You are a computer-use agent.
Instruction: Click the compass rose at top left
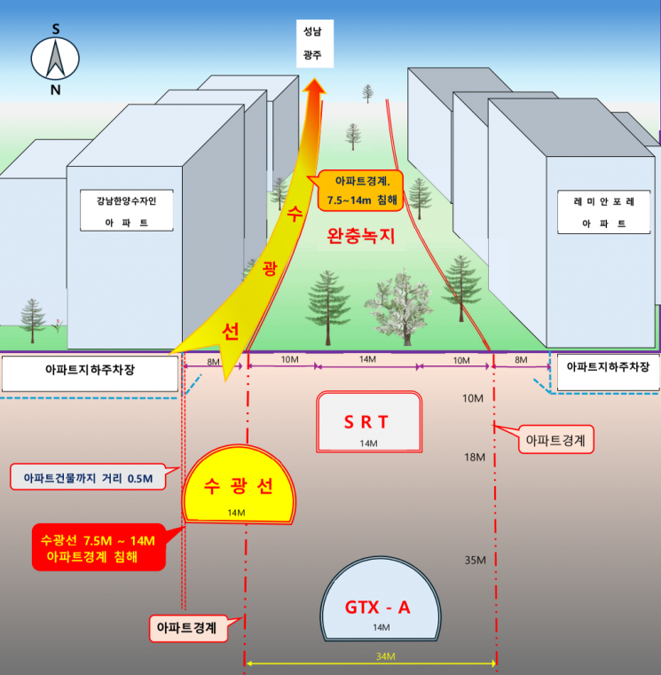(x=55, y=59)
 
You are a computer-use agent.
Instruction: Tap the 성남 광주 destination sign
(x=315, y=43)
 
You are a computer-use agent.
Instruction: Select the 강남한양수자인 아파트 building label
(x=127, y=210)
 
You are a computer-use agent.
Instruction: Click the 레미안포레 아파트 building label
(x=603, y=212)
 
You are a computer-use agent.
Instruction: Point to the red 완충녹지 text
(x=361, y=236)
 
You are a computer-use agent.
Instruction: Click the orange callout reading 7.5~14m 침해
(x=360, y=191)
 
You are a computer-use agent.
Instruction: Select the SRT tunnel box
(x=369, y=422)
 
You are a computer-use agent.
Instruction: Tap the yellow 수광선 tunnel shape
(x=239, y=484)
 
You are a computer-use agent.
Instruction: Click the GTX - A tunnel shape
(x=381, y=600)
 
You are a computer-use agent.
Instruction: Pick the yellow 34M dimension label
(x=385, y=656)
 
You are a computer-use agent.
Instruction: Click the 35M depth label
(x=475, y=560)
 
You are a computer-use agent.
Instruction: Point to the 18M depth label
(x=475, y=457)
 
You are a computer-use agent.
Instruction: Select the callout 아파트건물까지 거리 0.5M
(x=88, y=477)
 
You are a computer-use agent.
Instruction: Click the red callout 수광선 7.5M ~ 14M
(x=98, y=547)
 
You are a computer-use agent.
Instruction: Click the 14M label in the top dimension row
(x=367, y=359)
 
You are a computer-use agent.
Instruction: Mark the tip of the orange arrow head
(x=315, y=78)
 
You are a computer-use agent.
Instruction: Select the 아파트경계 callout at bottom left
(x=188, y=629)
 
